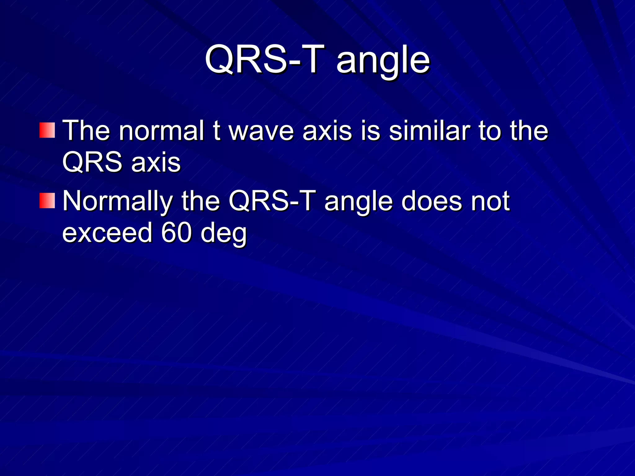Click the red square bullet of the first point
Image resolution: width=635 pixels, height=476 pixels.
[47, 130]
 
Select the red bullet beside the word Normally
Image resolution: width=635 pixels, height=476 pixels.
[47, 201]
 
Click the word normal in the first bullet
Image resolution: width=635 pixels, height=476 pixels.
[162, 130]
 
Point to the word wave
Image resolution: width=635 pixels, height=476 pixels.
[261, 131]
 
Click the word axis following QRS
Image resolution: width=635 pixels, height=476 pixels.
[156, 163]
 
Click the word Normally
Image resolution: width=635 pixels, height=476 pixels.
[117, 201]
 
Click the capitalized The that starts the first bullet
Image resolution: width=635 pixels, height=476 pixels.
[86, 130]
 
